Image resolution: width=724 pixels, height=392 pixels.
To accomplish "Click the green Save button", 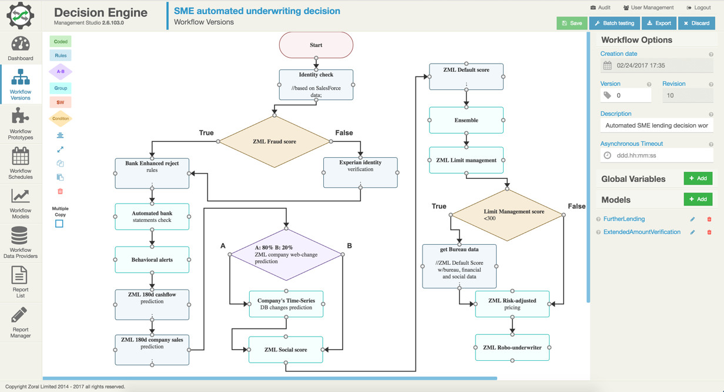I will point(572,23).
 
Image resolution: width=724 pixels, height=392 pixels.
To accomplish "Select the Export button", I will point(658,23).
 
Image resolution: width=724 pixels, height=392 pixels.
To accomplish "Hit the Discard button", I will point(696,23).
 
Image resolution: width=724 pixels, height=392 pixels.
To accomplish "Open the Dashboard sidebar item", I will point(21,48).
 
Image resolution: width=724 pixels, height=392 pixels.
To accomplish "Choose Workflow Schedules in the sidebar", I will point(21,164).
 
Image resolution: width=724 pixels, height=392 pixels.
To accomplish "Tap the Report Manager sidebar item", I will point(21,323).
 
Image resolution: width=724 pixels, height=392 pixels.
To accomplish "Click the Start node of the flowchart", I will point(316,45).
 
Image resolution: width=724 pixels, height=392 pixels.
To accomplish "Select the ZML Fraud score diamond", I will point(274,141).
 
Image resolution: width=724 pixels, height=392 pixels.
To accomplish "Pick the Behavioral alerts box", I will point(152,260).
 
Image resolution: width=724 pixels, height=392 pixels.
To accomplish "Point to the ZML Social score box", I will point(286,350).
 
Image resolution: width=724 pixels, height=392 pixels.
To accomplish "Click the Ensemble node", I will point(466,120).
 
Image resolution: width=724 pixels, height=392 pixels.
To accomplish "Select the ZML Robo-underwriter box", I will point(512,347).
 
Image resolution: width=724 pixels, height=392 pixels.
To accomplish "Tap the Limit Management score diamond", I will point(507,215).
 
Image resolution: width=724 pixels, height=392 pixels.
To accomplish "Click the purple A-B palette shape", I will point(61,72).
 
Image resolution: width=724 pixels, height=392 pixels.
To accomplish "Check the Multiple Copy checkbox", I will point(59,224).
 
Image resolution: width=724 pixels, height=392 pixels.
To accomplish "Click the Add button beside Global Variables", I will point(698,178).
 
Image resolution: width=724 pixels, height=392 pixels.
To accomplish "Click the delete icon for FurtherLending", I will point(709,219).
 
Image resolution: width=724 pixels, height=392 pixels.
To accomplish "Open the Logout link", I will point(699,8).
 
